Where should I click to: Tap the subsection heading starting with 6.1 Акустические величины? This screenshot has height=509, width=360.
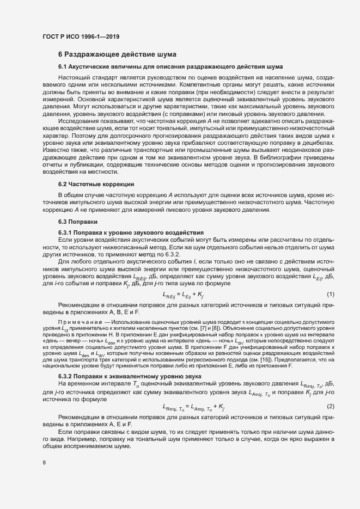tap(170, 66)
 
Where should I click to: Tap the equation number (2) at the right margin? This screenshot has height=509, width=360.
tap(330, 391)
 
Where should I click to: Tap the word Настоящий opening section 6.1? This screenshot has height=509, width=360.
tap(74, 78)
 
